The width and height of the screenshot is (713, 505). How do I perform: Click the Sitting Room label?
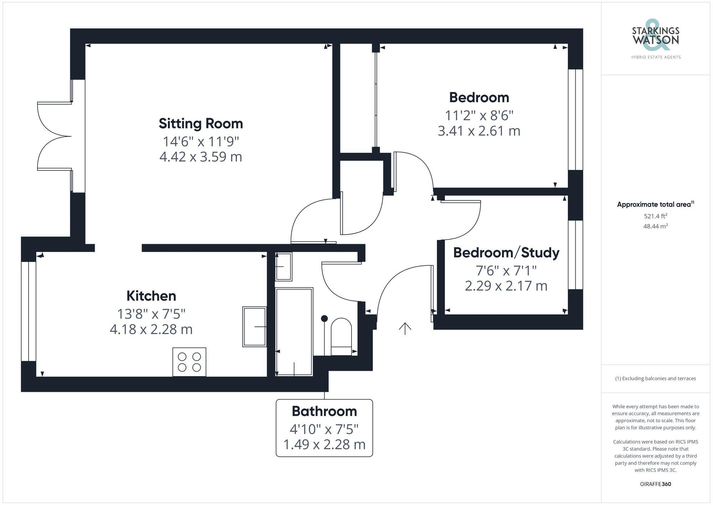coord(201,124)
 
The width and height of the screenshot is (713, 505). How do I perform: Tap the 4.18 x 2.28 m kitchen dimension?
coord(151,329)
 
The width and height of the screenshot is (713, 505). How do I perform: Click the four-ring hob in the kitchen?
coord(189,362)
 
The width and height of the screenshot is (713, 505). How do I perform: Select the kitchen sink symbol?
coord(255,326)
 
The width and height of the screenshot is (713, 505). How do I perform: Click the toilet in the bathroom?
coord(341,337)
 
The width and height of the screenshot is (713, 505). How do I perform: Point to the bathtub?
coord(294,331)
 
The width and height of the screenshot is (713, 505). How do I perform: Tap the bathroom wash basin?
coord(284,266)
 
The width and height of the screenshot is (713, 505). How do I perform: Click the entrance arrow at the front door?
coord(405,329)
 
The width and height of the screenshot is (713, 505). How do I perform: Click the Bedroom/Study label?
coord(506,253)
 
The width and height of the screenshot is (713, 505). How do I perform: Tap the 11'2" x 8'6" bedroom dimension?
coord(479,116)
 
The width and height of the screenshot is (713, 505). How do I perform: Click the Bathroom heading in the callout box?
coord(324,411)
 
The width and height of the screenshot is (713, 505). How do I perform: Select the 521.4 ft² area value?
coord(655,216)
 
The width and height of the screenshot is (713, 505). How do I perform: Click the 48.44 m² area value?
coord(655,226)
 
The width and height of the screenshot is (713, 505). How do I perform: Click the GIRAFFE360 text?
coord(655,484)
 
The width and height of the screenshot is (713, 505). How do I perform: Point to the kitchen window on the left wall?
coord(29,311)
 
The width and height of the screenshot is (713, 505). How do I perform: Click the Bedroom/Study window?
coord(575,254)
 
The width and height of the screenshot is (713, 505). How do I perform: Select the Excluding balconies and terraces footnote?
coord(655,378)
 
